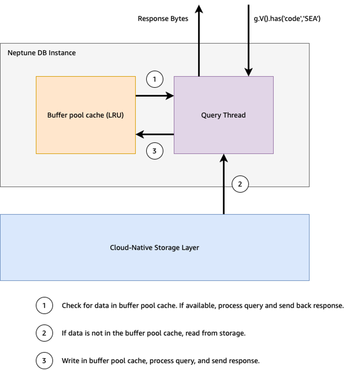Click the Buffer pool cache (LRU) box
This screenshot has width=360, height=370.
click(x=85, y=115)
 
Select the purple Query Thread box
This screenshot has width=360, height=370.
click(x=224, y=115)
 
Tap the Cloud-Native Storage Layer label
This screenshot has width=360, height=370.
click(x=154, y=247)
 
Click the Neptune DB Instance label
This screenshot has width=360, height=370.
click(x=42, y=53)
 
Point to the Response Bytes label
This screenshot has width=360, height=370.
click(x=163, y=19)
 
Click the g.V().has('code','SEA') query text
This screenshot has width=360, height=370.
click(x=287, y=19)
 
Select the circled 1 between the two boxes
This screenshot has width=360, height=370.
click(x=155, y=79)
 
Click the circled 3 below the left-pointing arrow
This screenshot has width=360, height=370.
click(x=155, y=151)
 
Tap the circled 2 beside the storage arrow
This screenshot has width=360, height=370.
click(x=240, y=184)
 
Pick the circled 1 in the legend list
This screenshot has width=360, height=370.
click(x=44, y=306)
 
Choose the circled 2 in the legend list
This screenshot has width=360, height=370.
click(x=44, y=333)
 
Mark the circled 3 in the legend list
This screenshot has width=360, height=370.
click(x=44, y=361)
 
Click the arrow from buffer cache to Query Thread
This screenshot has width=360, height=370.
click(x=154, y=95)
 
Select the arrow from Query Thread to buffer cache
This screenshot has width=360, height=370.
click(x=154, y=135)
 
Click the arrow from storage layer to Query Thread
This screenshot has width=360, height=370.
click(x=224, y=184)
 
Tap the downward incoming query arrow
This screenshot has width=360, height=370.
click(x=249, y=40)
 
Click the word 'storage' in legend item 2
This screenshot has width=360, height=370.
click(x=232, y=333)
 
